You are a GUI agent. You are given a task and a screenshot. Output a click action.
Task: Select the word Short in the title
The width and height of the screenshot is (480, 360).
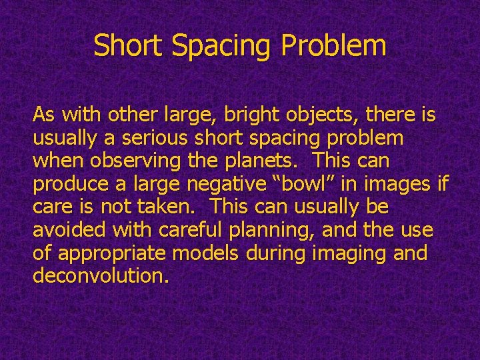[x=129, y=46]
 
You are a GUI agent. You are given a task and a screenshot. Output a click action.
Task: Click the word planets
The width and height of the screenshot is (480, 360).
[x=267, y=162]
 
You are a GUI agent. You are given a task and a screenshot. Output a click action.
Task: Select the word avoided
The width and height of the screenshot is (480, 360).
[x=65, y=230]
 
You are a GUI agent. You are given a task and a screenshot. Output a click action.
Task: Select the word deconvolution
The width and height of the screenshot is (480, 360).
[x=97, y=276]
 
